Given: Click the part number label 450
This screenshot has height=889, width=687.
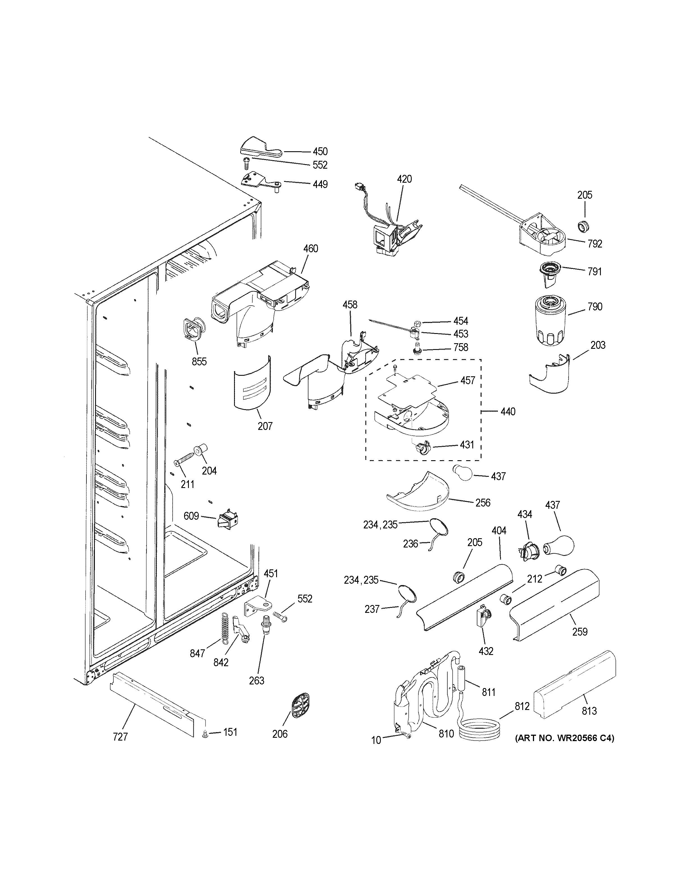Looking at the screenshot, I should [x=320, y=152].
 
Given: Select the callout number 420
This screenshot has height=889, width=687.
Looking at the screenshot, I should [x=404, y=179].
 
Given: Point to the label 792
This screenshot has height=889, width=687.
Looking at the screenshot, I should [x=595, y=244].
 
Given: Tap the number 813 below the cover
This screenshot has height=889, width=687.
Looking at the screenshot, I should [x=589, y=711].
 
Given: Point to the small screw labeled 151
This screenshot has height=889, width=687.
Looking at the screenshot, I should [x=205, y=734].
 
